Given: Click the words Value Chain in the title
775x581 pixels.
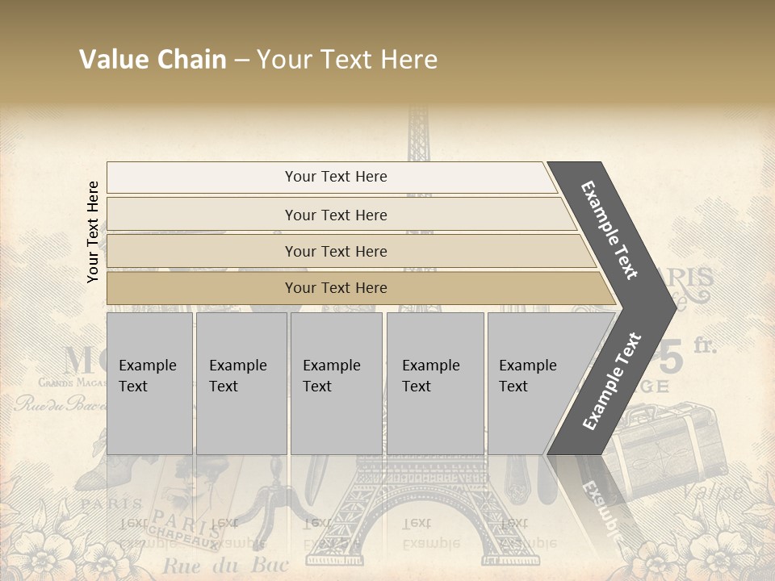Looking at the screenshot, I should [153, 60].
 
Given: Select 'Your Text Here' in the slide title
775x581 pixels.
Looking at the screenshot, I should [347, 60].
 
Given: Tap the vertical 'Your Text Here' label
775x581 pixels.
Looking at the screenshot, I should [93, 232].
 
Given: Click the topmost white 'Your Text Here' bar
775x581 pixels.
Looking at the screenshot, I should [335, 177].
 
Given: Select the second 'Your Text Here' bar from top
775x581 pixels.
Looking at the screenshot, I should [335, 215].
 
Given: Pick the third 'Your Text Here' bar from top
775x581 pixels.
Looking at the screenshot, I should [335, 251].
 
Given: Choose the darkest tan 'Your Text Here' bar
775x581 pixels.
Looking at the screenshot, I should [335, 288].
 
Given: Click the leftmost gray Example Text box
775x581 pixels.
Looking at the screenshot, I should [149, 383].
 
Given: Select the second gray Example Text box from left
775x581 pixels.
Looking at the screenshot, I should [241, 383].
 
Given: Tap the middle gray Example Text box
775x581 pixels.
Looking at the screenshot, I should [336, 383].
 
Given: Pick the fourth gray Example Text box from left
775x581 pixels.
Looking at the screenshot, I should [435, 383].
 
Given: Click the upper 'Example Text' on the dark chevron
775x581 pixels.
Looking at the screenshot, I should [610, 230].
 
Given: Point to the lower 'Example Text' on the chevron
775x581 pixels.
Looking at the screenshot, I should [612, 382].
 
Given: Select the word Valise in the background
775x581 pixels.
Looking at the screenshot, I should [714, 491].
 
